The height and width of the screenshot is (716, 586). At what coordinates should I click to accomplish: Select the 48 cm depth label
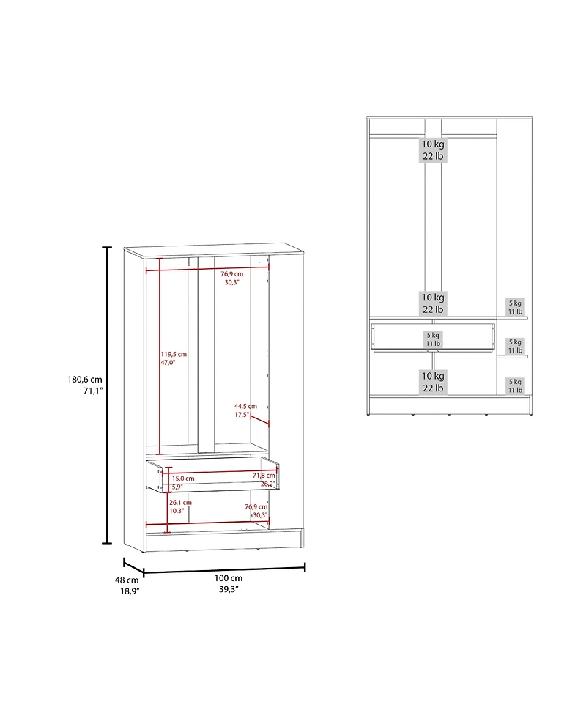[127, 579]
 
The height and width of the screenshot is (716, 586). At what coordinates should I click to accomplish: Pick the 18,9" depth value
[130, 591]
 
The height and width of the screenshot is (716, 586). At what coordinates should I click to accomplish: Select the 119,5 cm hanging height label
[174, 354]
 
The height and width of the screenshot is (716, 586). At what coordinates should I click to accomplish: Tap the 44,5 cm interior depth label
[245, 406]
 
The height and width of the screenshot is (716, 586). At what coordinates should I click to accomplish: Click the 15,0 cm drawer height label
[183, 477]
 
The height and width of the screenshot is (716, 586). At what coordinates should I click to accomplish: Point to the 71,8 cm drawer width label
[264, 476]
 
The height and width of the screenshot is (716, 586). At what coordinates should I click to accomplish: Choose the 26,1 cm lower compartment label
[180, 503]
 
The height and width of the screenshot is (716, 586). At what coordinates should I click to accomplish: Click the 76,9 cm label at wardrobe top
[232, 273]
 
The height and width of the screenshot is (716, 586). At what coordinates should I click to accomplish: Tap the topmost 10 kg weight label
[433, 144]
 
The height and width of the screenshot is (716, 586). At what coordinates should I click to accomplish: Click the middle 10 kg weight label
[433, 298]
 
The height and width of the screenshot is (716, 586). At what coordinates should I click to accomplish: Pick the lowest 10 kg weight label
[433, 375]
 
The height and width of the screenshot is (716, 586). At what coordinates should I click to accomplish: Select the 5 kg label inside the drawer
[433, 335]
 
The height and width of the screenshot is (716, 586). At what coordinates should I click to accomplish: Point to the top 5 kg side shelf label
[516, 303]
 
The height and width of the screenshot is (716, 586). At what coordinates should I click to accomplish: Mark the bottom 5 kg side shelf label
[516, 382]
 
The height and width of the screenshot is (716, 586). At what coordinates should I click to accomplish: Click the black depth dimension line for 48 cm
[133, 566]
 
